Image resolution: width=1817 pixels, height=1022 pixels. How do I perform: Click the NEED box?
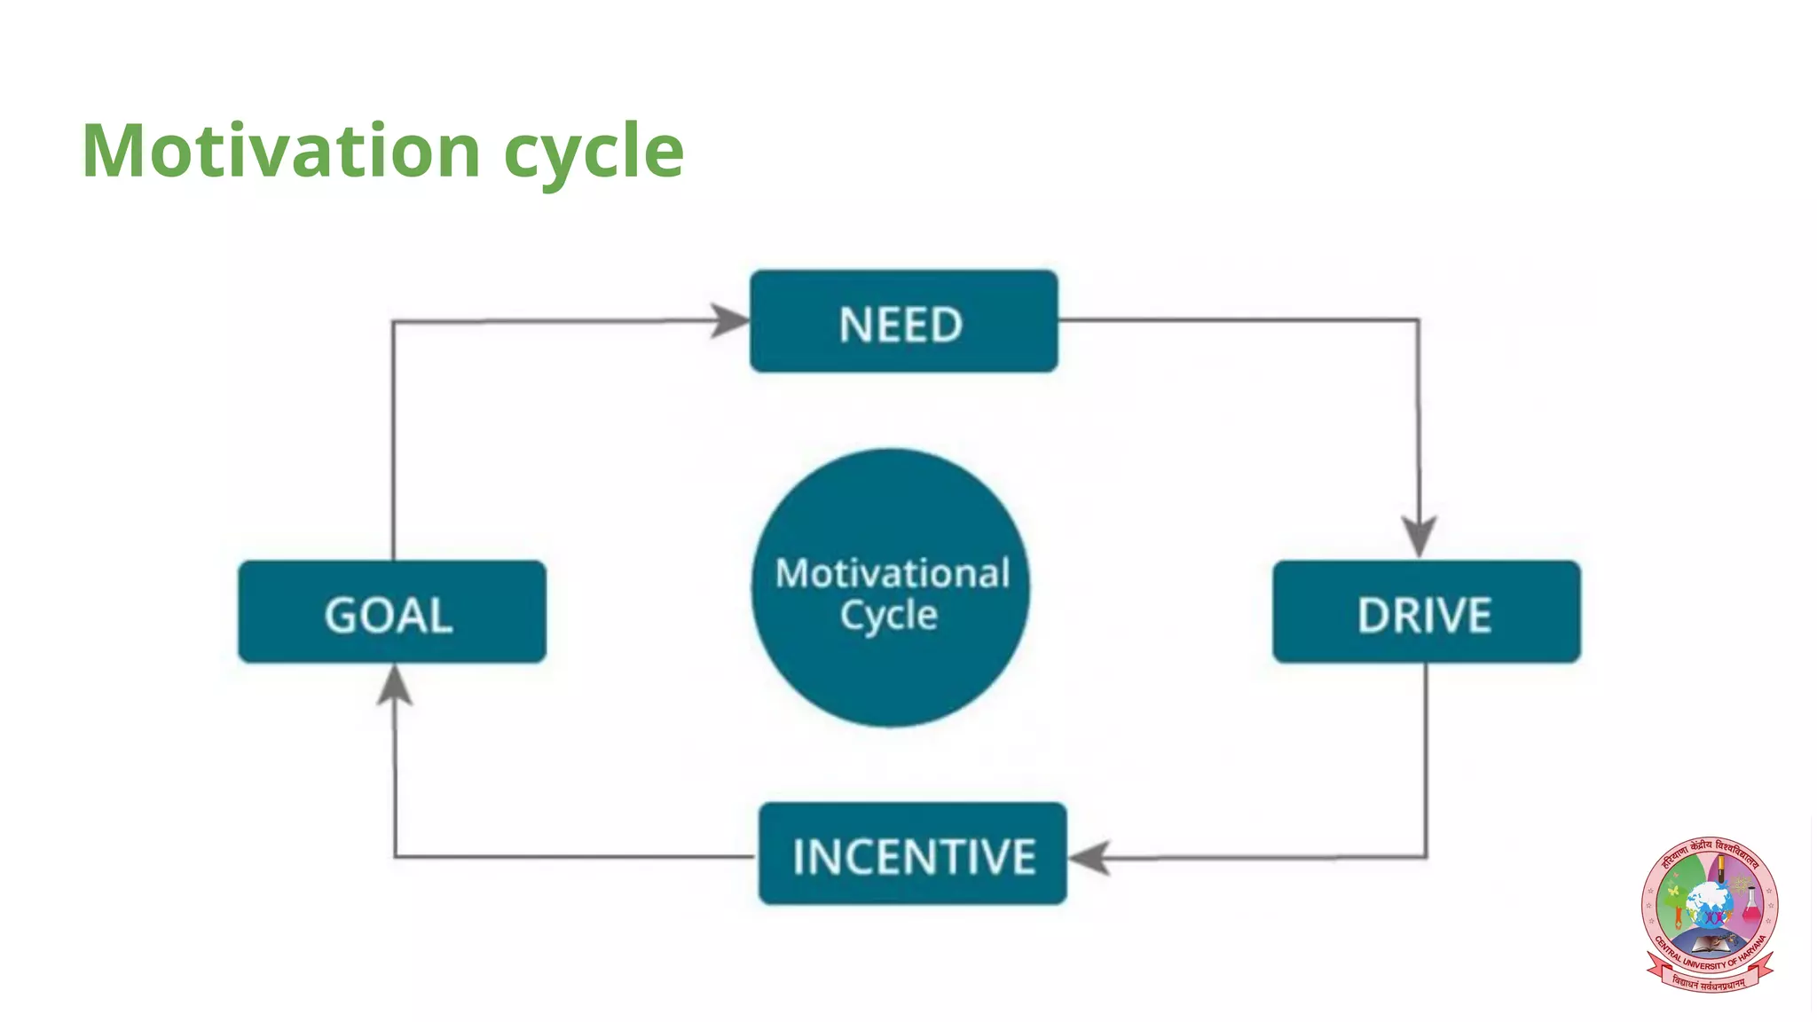(903, 321)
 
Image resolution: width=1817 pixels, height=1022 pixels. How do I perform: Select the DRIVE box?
(1426, 612)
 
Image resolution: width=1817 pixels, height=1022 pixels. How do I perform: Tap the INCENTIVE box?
(912, 854)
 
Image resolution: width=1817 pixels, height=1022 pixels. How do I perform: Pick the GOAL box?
(392, 612)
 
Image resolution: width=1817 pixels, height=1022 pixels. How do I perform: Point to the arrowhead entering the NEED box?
(731, 320)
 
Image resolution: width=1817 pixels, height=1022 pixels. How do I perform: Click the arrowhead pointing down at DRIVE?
(1419, 536)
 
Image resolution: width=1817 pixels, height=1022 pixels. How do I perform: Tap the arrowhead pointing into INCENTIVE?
(1089, 857)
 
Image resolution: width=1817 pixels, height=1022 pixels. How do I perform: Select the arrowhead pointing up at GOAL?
(395, 686)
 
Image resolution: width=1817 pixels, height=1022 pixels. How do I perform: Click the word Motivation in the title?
(281, 151)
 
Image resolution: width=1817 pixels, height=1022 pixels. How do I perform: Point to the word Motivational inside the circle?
(892, 573)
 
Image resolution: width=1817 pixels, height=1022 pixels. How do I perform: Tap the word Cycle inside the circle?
(889, 615)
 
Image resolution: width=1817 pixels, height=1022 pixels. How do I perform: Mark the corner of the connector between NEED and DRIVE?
(1417, 320)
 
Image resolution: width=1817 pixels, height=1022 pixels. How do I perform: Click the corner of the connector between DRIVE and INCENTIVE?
(1426, 857)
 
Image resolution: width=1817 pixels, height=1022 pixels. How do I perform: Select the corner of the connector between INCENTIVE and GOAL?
(395, 856)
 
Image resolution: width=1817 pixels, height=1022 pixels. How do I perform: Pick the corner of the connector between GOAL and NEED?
(394, 322)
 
